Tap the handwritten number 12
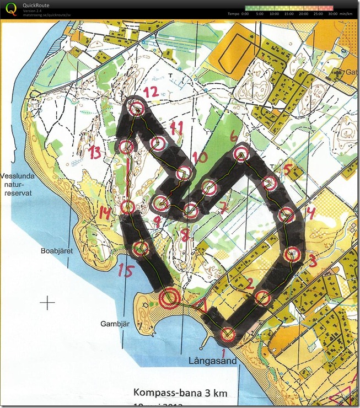point(151,92)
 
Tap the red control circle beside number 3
point(292,255)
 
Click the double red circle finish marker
point(169,298)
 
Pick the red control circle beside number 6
point(240,153)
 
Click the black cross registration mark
point(49,302)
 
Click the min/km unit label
point(346,13)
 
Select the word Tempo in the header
point(234,13)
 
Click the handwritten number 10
point(199,158)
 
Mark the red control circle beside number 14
point(128,207)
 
